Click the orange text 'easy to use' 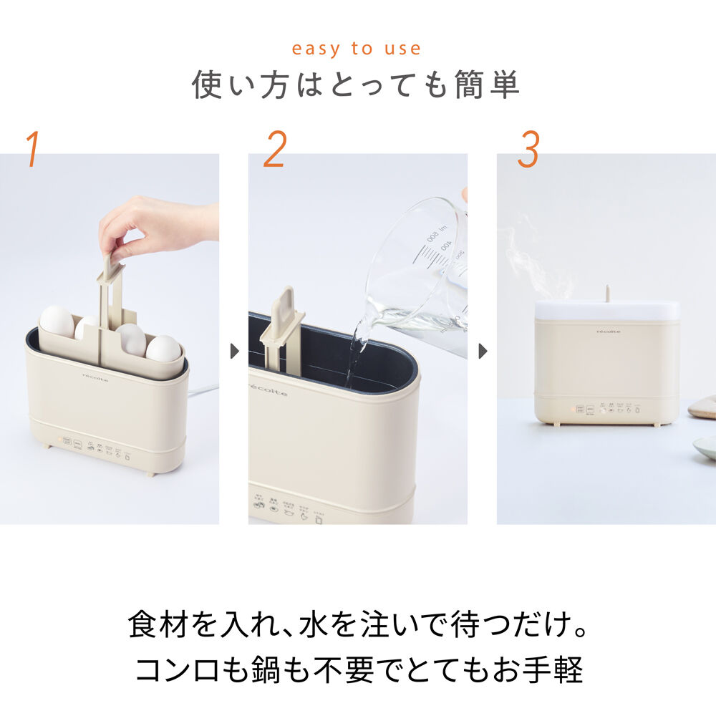[356, 49]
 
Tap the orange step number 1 [32, 149]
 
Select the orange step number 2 [275, 149]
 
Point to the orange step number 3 [528, 149]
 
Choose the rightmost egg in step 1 [164, 348]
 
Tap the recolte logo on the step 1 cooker [95, 377]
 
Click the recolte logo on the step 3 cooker [609, 331]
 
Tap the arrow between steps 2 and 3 [482, 352]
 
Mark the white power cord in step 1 [203, 391]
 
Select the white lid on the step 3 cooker [606, 309]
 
